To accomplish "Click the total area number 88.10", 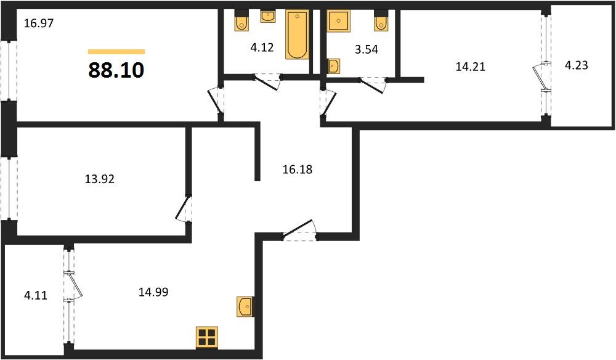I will point(116,70).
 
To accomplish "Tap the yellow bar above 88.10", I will point(116,52).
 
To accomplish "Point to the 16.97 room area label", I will point(38,24).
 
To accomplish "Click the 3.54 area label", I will point(365,50).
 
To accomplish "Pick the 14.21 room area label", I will point(470,67).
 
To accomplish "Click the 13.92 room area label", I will point(100,179).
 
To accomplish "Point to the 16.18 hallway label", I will point(297,168).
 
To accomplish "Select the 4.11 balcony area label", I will point(34,295).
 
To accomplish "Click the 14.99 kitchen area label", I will point(153,292).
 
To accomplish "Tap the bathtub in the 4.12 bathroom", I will point(296,35).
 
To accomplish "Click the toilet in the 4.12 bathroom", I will point(241,22).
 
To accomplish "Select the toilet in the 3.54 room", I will point(380,22).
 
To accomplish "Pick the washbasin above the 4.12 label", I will point(268,16).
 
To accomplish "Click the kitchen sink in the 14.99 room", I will point(244,306).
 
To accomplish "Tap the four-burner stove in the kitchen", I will point(207,337).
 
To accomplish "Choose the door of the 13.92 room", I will point(184,208).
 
